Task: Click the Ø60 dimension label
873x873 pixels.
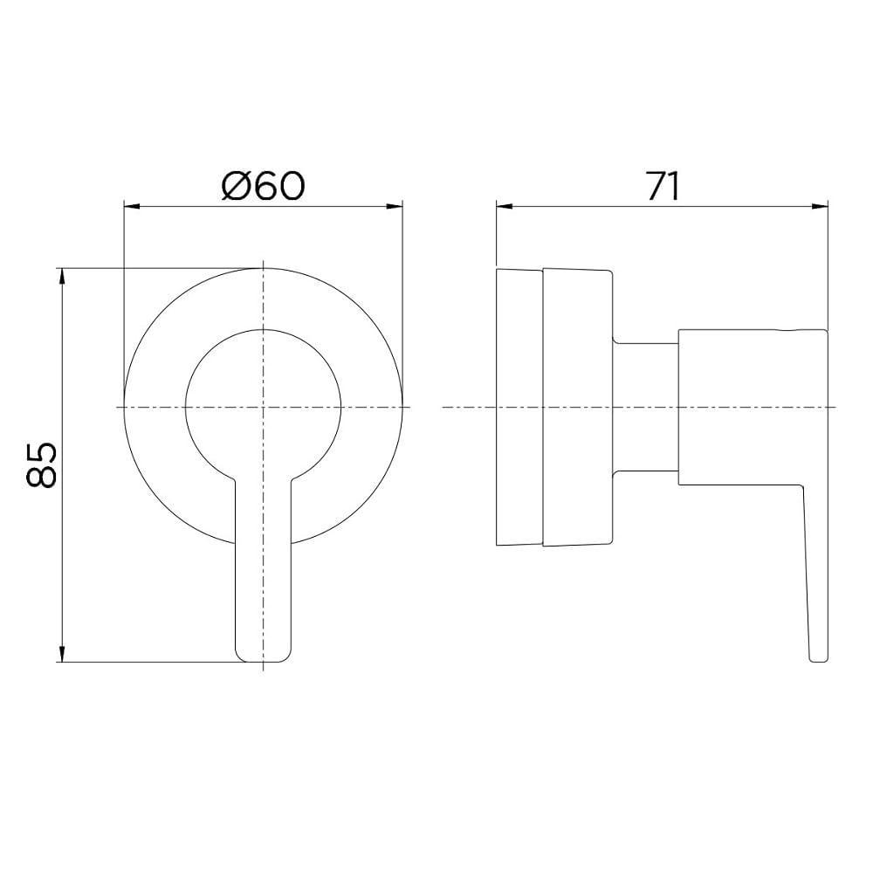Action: (x=264, y=186)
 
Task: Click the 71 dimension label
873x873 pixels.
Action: (x=663, y=186)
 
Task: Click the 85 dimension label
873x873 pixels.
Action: (x=41, y=465)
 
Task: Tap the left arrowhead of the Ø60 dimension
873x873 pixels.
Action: (x=131, y=207)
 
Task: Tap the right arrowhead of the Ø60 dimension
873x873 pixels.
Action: (x=395, y=207)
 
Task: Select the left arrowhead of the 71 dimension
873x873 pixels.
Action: (x=504, y=207)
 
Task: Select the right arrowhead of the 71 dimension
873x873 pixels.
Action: (x=821, y=207)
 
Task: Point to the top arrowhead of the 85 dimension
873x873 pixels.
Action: (x=62, y=276)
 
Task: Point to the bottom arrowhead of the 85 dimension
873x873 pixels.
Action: (x=62, y=654)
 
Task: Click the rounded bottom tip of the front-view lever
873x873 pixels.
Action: (x=264, y=661)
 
